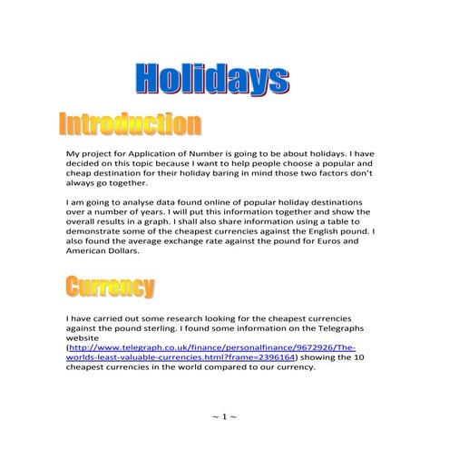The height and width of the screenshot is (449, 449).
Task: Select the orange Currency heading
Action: coord(108,288)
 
